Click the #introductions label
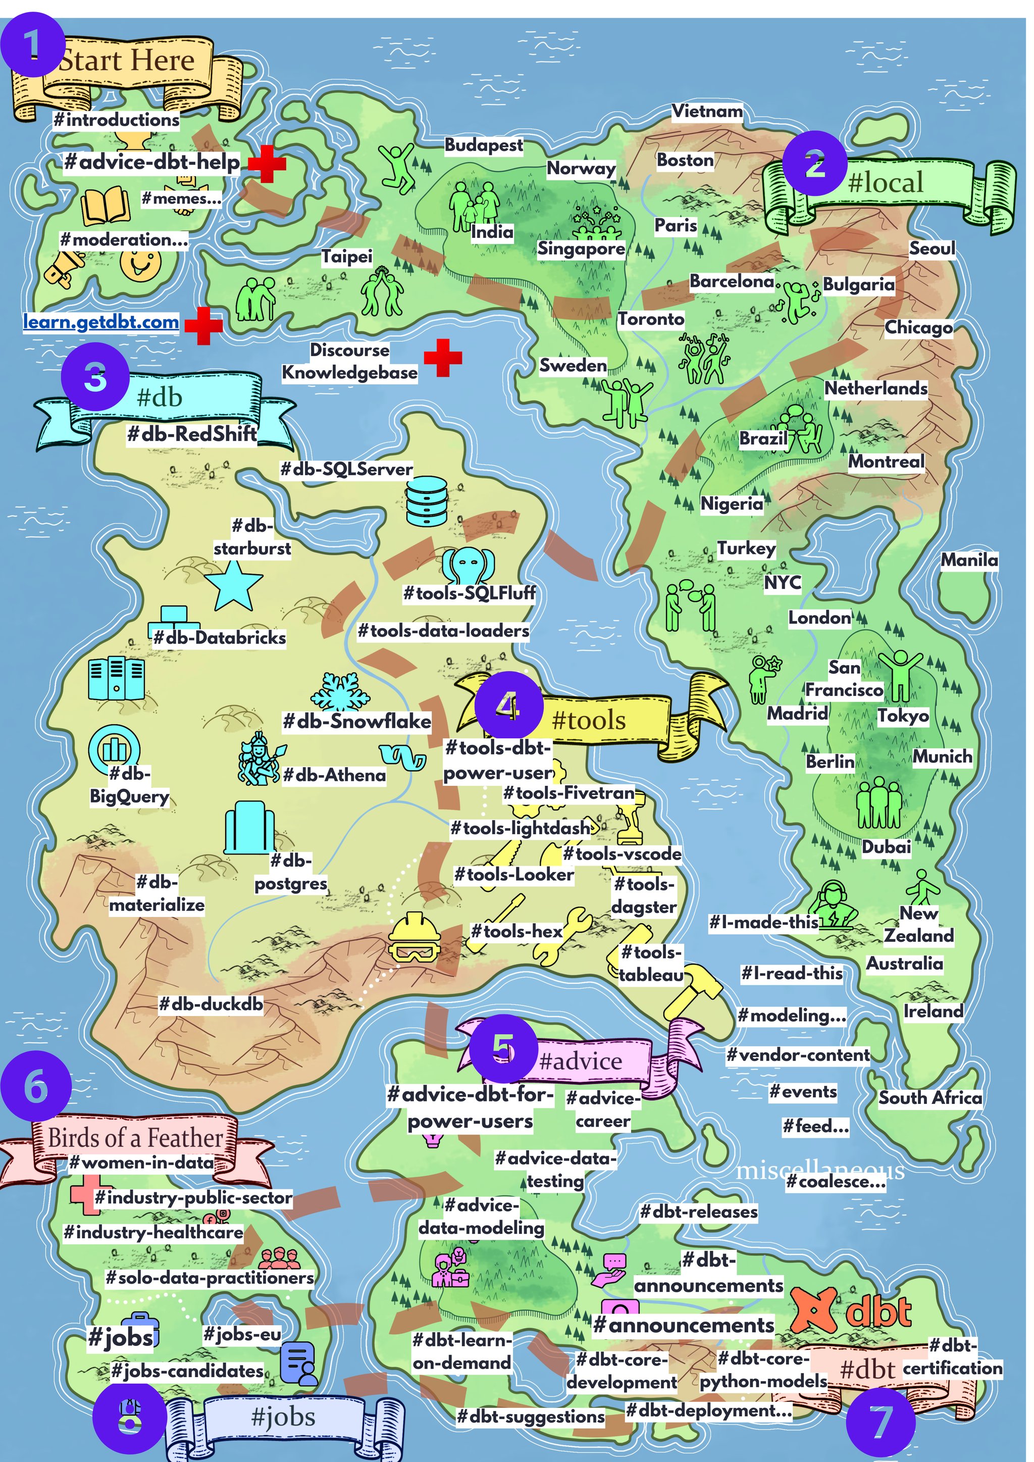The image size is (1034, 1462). click(x=117, y=120)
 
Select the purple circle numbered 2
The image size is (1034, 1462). click(x=814, y=164)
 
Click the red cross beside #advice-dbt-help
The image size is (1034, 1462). click(x=266, y=164)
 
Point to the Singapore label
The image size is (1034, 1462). click(x=581, y=248)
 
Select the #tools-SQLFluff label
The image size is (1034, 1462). click(x=469, y=593)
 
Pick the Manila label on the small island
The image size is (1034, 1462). click(x=969, y=561)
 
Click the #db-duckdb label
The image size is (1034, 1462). click(x=211, y=1004)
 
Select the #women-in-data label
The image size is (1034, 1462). click(x=141, y=1162)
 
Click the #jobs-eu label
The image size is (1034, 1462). click(x=241, y=1334)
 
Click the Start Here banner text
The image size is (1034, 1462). click(x=127, y=61)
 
